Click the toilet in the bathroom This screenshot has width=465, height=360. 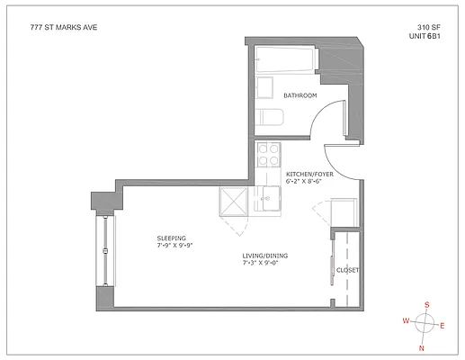(266, 117)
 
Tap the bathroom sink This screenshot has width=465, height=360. (264, 87)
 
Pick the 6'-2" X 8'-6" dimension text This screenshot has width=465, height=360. (305, 182)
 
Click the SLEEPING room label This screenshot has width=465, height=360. (170, 238)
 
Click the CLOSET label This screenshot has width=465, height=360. (348, 270)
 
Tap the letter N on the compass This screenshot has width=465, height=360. (422, 347)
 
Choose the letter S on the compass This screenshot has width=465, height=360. (427, 304)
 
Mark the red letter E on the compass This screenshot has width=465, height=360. (442, 327)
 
